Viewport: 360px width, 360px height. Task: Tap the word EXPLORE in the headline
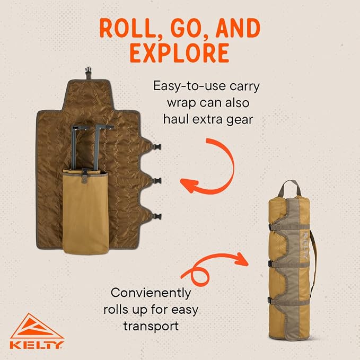click(x=180, y=53)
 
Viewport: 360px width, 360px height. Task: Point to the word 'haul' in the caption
click(x=176, y=119)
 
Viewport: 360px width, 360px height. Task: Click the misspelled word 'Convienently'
click(x=151, y=293)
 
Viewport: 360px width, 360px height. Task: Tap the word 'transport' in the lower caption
click(x=151, y=326)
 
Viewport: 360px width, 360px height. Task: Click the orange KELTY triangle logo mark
click(x=37, y=327)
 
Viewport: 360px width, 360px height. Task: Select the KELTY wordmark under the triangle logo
click(x=37, y=345)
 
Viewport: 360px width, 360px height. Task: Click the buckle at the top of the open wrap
click(x=88, y=72)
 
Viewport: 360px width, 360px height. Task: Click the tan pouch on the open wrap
click(x=85, y=212)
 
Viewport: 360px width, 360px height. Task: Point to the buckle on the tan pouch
click(x=85, y=174)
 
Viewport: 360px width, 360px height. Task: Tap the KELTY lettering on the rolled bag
click(x=305, y=245)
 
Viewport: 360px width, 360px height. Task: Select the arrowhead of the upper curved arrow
click(x=189, y=185)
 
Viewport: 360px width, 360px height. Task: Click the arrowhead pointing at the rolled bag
click(x=242, y=259)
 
